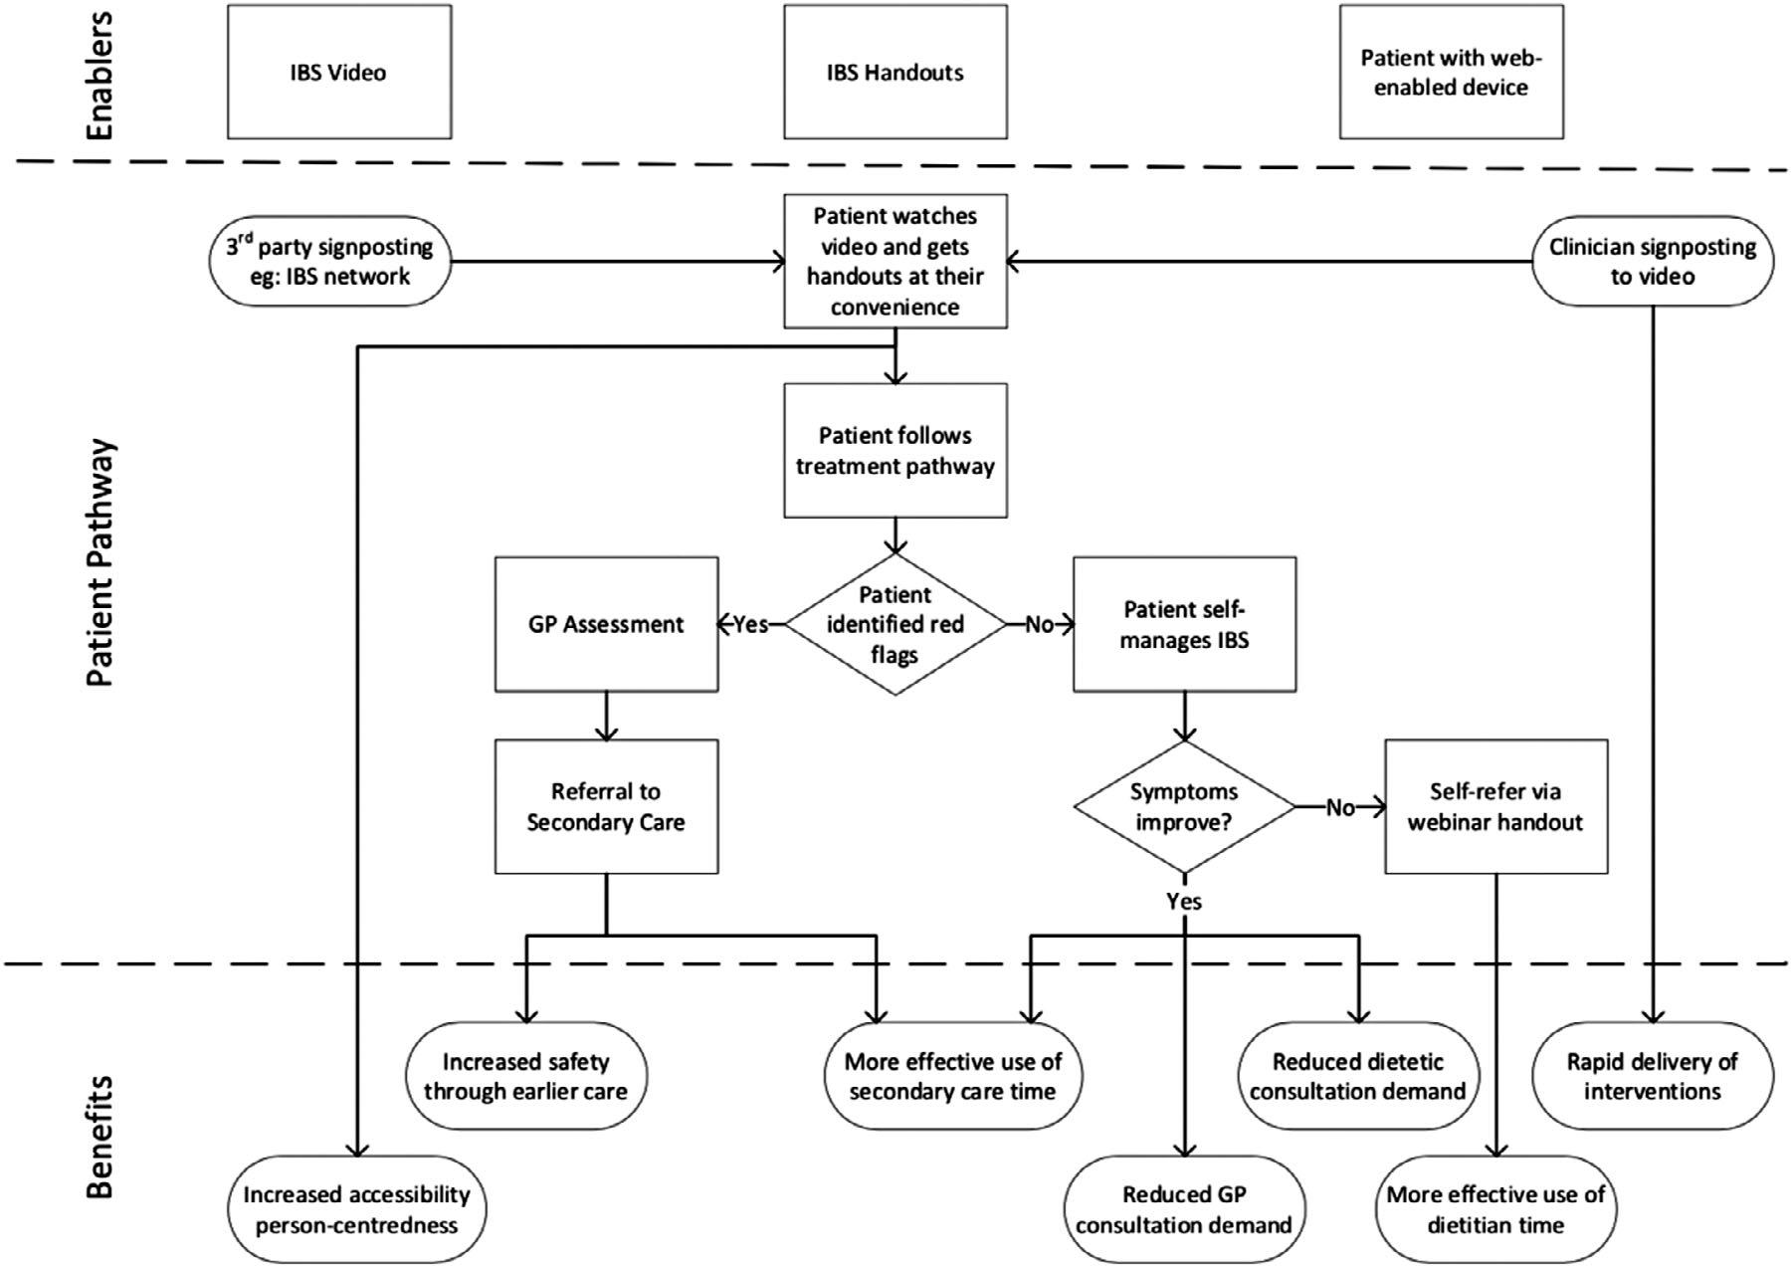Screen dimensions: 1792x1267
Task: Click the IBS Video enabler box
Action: point(339,72)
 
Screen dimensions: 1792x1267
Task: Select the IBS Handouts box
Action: point(896,72)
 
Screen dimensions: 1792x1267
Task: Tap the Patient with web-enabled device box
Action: point(1451,72)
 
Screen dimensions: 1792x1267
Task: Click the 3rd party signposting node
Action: point(329,261)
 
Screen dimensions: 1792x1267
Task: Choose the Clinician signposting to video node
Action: point(1653,261)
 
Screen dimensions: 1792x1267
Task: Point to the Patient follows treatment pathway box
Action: point(896,450)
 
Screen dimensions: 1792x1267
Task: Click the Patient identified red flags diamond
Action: point(896,624)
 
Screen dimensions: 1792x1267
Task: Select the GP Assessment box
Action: point(606,624)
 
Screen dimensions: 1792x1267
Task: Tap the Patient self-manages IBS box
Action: point(1184,624)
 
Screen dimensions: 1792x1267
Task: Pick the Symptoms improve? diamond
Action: point(1184,807)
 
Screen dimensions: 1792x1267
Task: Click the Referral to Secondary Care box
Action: point(606,806)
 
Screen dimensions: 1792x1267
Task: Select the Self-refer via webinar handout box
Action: point(1496,806)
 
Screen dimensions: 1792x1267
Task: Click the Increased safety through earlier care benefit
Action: point(526,1076)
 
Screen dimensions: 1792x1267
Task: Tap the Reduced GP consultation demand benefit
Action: point(1184,1209)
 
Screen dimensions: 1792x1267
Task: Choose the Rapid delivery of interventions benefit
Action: point(1653,1076)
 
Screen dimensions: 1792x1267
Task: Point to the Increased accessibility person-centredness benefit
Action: point(357,1209)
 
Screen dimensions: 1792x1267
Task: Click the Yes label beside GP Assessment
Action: point(751,624)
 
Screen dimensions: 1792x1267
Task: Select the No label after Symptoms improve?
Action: point(1340,807)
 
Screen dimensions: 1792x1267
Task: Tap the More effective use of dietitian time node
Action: point(1496,1209)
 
